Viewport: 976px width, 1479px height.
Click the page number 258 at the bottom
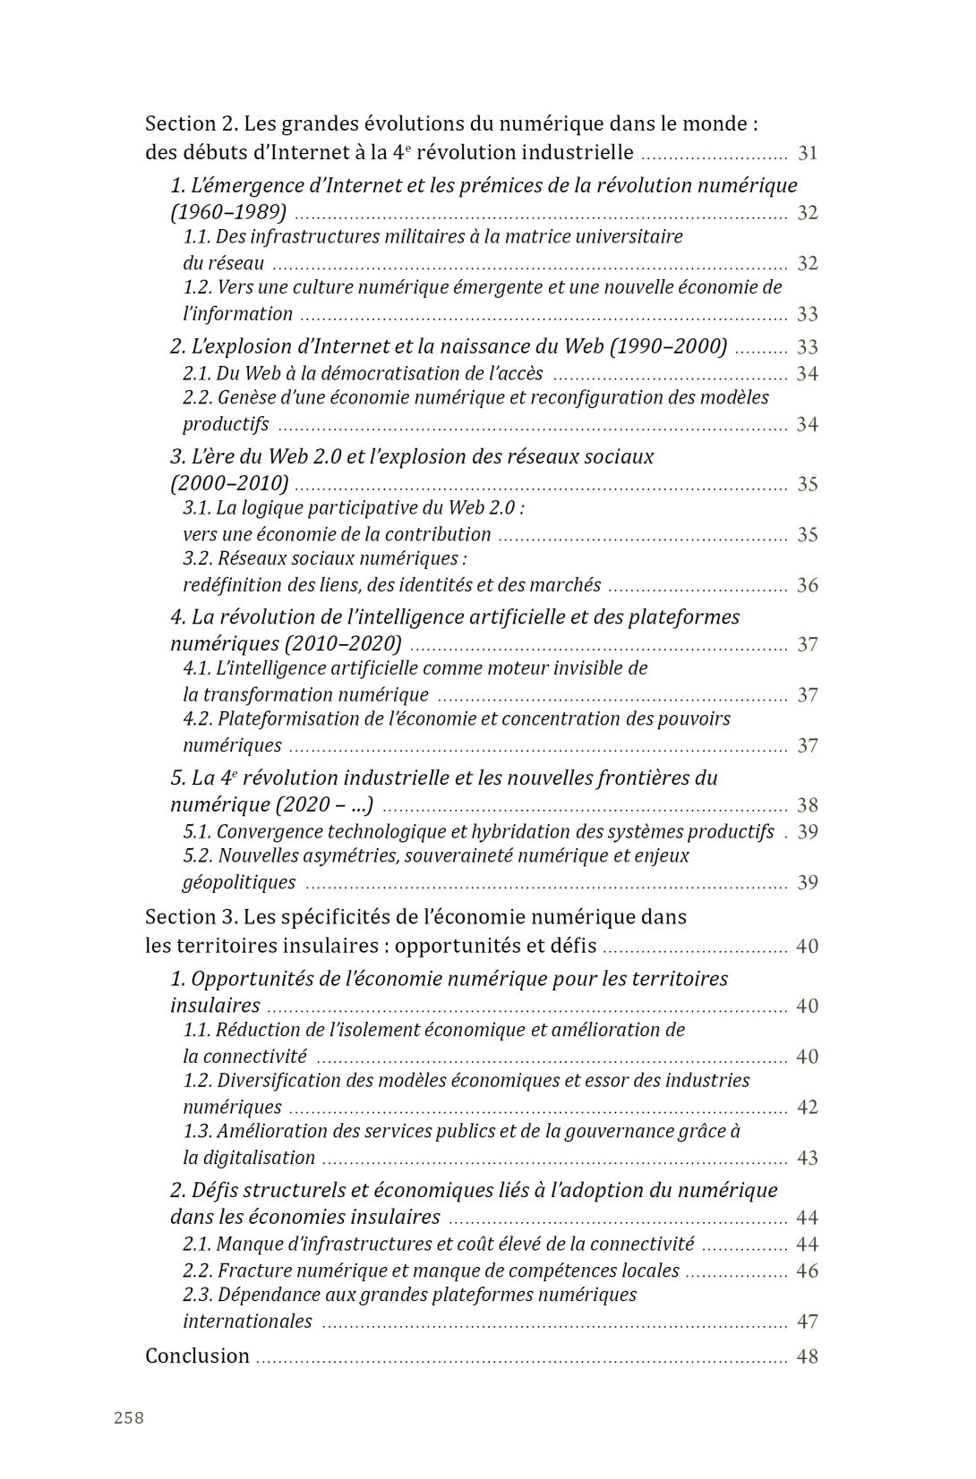[129, 1417]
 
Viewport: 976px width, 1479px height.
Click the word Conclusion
[197, 1356]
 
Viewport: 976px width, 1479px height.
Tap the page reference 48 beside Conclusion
[807, 1356]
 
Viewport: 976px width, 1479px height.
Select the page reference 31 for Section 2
[808, 153]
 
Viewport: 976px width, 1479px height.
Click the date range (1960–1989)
[228, 212]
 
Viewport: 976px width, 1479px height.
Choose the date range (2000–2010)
[229, 483]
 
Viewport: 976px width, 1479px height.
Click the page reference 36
[807, 585]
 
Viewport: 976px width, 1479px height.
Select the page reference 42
[807, 1107]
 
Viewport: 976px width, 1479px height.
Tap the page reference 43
[807, 1158]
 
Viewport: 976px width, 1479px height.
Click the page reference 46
[807, 1271]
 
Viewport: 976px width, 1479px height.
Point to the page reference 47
[807, 1322]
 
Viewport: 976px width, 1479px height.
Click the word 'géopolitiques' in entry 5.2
[238, 882]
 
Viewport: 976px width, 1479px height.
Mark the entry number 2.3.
[197, 1295]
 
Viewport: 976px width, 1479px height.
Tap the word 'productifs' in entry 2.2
[226, 424]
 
